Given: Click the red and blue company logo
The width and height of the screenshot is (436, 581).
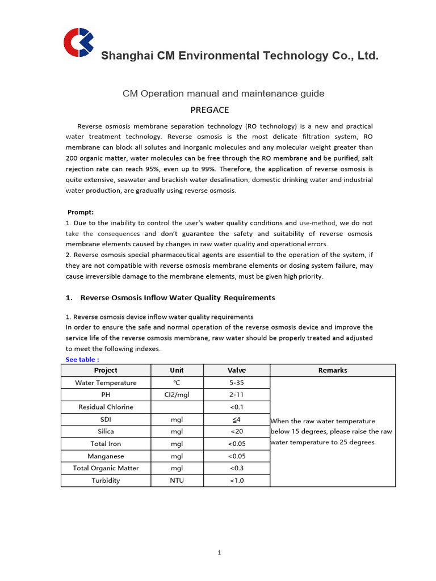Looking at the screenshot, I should click(78, 43).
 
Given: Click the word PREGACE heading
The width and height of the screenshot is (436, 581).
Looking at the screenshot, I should click(209, 110).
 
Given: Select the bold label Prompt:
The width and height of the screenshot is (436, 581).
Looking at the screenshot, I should click(81, 212).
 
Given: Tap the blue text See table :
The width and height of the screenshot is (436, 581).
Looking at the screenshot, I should click(82, 360).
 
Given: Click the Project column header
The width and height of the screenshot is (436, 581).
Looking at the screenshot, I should click(106, 370).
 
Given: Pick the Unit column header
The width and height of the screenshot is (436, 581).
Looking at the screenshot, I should click(177, 370).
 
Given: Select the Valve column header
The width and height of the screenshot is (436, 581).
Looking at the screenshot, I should click(236, 370).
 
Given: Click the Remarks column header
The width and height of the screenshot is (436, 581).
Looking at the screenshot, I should click(333, 370).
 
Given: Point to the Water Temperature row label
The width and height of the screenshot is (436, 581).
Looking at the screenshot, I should click(106, 382).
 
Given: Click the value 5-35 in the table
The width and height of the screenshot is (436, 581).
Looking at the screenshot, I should click(236, 382).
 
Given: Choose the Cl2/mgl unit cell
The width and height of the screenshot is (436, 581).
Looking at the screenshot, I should click(177, 395).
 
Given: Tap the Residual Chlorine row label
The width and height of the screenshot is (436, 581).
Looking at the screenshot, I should click(106, 407).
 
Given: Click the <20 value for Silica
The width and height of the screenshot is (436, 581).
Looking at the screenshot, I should click(236, 431).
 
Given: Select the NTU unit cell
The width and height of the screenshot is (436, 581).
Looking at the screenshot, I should click(177, 481).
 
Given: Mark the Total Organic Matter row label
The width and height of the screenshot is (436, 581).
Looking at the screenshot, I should click(106, 468).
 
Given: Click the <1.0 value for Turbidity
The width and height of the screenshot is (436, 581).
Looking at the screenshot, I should click(236, 481).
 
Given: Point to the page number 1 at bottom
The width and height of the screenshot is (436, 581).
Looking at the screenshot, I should click(219, 553).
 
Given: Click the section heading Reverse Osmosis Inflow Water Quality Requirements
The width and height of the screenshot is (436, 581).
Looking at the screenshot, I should click(178, 297).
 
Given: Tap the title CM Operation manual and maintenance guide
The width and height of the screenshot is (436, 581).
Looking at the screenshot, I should click(224, 93).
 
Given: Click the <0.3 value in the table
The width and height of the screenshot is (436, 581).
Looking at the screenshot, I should click(236, 468).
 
